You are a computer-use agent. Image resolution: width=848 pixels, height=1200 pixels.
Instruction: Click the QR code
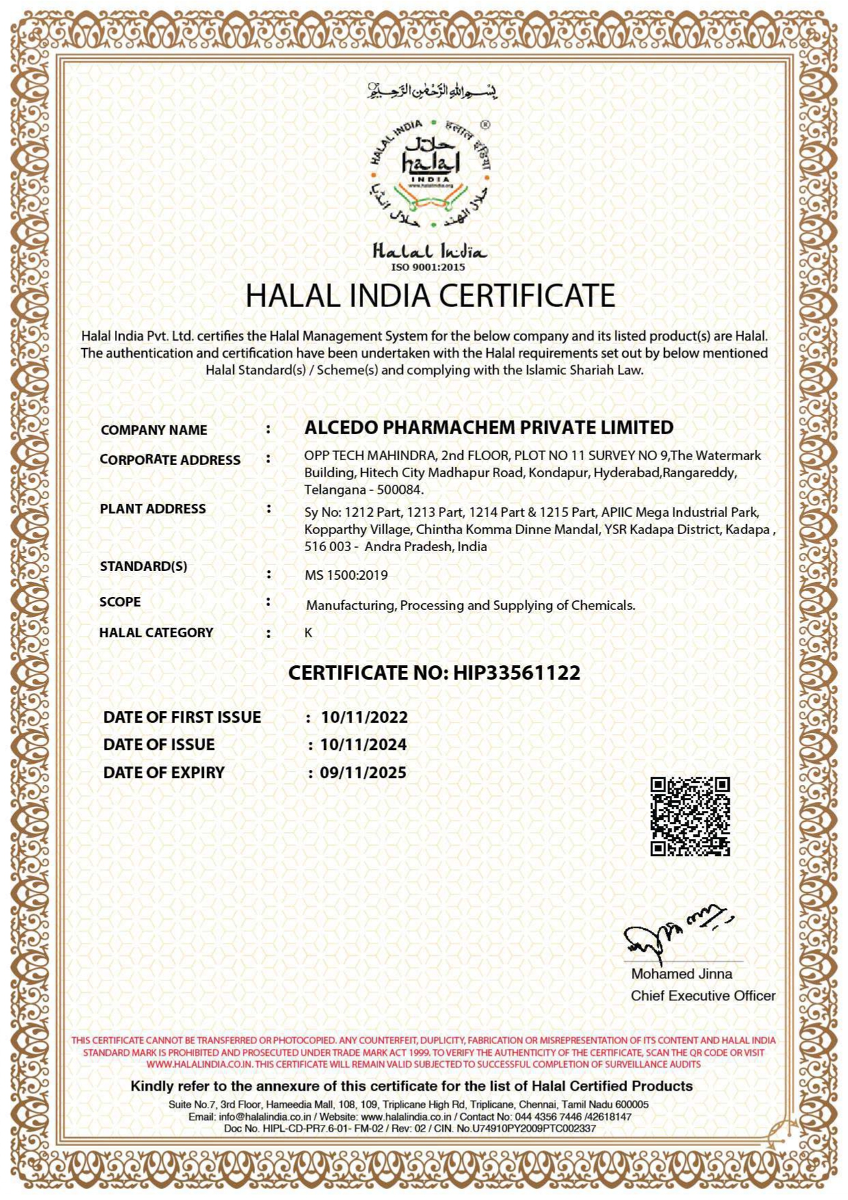point(689,816)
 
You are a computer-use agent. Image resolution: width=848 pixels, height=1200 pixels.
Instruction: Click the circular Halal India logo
point(431,174)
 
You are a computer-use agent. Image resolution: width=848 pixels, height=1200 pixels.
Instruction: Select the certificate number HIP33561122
point(516,673)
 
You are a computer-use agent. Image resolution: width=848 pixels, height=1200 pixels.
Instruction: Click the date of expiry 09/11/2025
point(363,773)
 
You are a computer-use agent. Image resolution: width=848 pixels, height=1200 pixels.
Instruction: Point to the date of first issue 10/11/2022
point(365,717)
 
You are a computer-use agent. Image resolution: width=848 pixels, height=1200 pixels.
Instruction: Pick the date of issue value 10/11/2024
point(364,745)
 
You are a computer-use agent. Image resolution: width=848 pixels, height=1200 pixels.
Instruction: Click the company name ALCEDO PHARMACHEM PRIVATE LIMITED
point(488,427)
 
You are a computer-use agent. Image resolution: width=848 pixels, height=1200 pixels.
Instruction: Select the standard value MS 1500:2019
point(346,575)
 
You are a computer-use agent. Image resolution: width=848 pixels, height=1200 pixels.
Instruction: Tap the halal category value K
point(308,632)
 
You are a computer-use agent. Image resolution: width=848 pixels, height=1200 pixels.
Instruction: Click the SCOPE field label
point(120,602)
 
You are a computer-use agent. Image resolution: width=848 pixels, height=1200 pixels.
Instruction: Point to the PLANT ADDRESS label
point(153,509)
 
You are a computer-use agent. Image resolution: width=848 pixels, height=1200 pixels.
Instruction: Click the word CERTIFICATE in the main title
point(527,295)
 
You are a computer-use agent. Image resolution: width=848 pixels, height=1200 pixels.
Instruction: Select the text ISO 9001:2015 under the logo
point(428,267)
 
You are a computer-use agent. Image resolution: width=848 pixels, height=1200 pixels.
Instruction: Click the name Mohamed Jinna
point(681,974)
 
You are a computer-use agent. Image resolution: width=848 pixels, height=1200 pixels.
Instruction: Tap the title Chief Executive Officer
point(703,996)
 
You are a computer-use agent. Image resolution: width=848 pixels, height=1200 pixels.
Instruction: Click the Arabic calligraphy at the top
point(432,90)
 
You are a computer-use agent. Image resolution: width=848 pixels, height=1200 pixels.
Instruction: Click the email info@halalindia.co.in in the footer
point(265,1117)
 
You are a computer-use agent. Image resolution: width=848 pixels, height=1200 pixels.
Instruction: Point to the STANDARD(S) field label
point(143,566)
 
